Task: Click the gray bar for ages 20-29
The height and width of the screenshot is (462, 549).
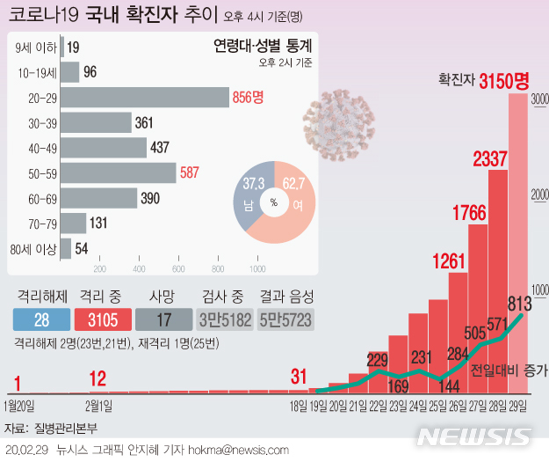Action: [x=145, y=97]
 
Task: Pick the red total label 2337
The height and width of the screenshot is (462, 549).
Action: [x=490, y=159]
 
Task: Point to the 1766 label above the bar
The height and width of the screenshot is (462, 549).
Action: [x=470, y=212]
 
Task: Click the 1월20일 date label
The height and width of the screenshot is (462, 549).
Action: [x=19, y=406]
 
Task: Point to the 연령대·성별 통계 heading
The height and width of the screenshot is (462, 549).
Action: [x=263, y=47]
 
